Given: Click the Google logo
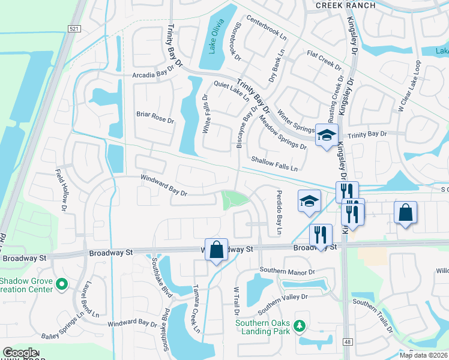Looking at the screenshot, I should [20, 353].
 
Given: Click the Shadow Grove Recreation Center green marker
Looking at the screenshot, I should [61, 282].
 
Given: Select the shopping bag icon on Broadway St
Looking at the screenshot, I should [217, 250].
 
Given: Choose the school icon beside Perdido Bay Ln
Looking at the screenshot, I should [309, 201].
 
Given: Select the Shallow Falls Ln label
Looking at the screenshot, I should [274, 163].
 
